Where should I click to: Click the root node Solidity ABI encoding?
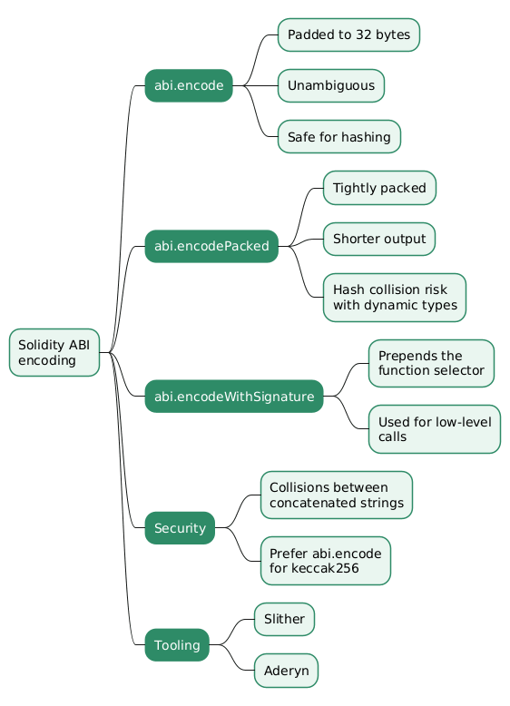tap(54, 353)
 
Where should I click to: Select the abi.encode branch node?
tap(189, 85)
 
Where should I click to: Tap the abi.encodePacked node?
tap(211, 246)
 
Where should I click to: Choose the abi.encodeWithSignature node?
tap(234, 397)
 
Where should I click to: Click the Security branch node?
tap(180, 528)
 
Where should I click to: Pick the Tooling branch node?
tap(177, 645)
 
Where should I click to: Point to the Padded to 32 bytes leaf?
tap(348, 34)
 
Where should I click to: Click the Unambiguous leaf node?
tap(331, 85)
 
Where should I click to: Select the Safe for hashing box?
tap(339, 136)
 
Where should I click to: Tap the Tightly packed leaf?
tap(379, 188)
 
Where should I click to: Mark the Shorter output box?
tap(379, 239)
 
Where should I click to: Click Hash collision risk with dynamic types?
tap(395, 297)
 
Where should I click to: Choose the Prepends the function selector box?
tap(431, 363)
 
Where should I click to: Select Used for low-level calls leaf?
tap(435, 429)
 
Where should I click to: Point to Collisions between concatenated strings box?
tap(337, 495)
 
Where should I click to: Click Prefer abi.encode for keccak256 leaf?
tap(326, 561)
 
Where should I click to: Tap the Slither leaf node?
tap(284, 619)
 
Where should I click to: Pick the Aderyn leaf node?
tap(286, 671)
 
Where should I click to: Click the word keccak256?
tap(325, 568)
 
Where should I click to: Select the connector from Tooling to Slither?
tap(231, 632)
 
